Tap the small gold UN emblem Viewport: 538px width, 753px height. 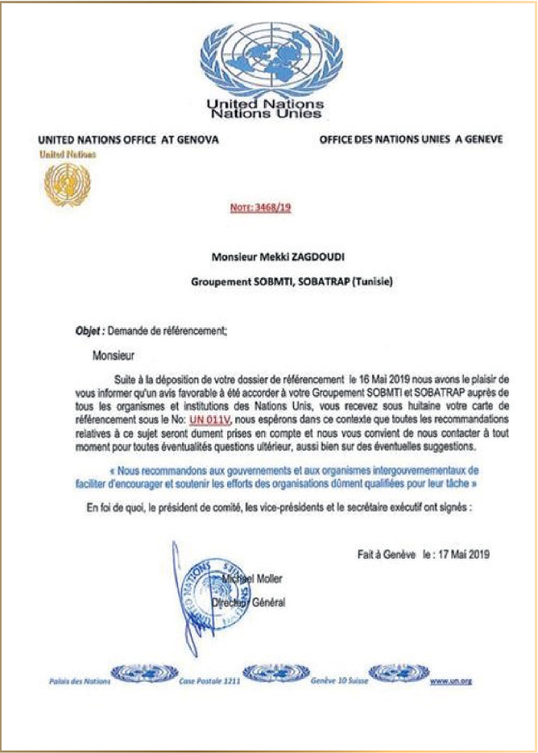pos(67,183)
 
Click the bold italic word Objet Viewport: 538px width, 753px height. pos(86,331)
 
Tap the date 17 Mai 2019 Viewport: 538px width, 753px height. pos(464,555)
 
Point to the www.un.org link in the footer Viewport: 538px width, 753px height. pos(450,681)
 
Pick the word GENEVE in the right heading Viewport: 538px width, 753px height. pos(480,139)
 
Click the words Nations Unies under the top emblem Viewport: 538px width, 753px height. pos(266,115)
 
